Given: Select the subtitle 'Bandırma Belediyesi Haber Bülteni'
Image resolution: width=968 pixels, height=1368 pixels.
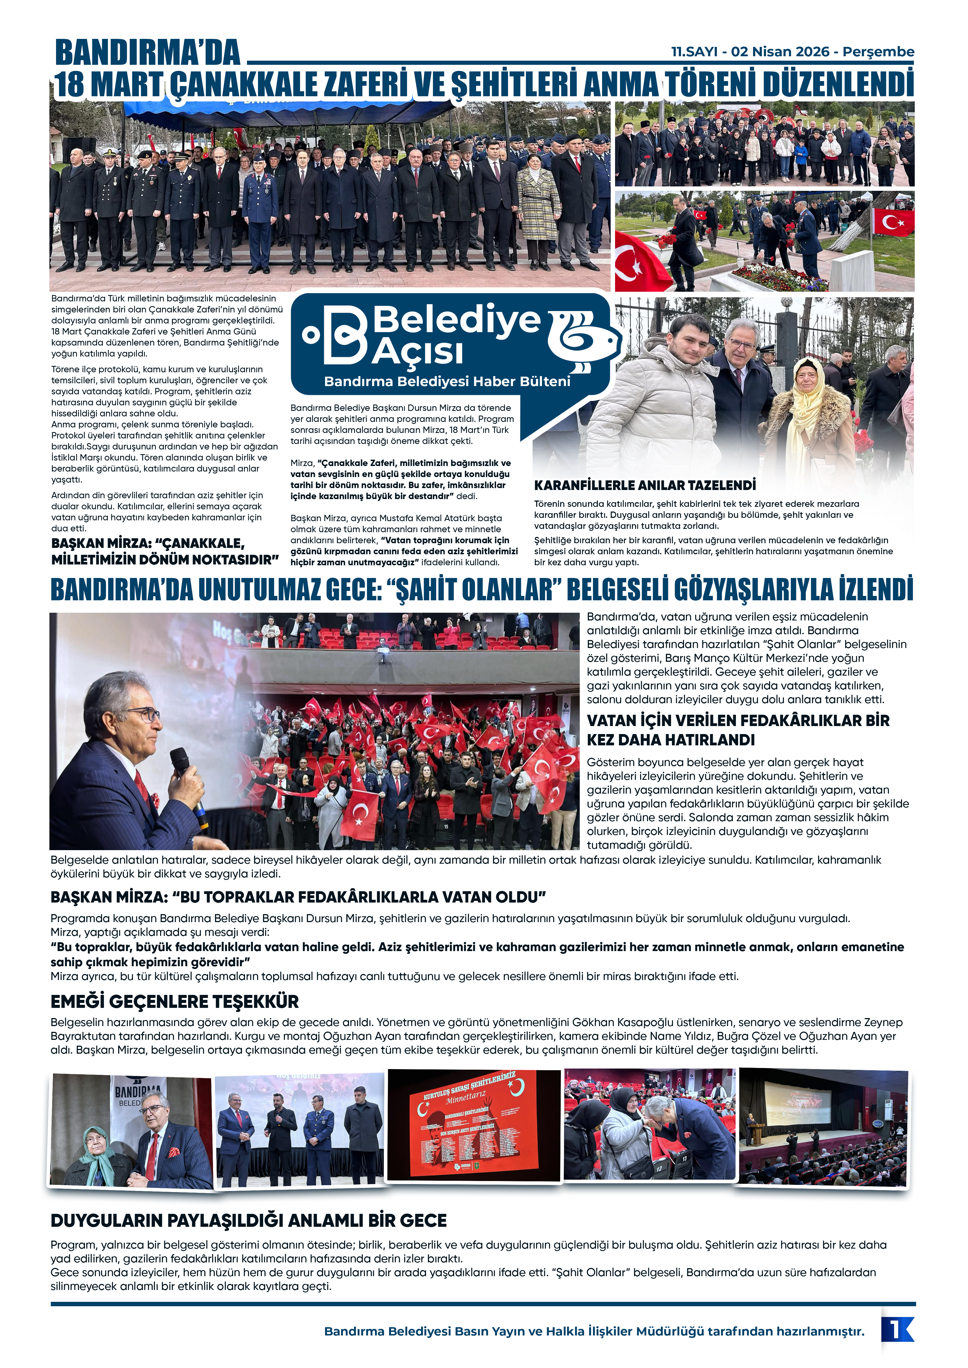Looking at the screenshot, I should [447, 381].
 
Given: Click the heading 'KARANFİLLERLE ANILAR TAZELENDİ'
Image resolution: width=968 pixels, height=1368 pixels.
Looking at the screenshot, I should [645, 485].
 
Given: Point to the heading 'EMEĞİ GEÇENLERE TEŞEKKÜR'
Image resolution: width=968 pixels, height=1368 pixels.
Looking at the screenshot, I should [175, 1001].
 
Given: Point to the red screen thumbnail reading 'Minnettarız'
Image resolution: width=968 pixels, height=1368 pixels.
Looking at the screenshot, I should [474, 1125].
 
